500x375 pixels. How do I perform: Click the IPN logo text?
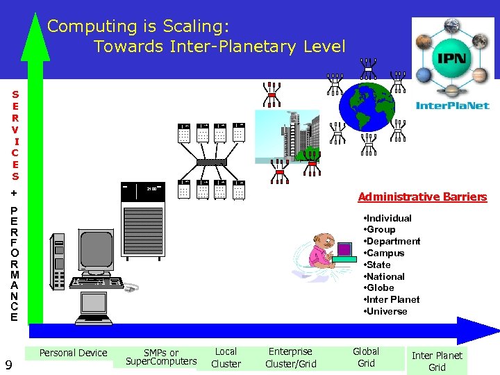click(x=452, y=57)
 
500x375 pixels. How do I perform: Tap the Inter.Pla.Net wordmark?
click(x=452, y=106)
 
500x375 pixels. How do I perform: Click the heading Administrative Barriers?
click(x=422, y=197)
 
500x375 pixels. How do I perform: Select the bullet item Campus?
click(x=387, y=253)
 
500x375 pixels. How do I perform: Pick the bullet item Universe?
click(x=389, y=311)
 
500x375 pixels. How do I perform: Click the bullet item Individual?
click(x=390, y=218)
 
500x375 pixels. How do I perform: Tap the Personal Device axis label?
click(x=73, y=353)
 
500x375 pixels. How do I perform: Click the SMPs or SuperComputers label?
click(x=161, y=357)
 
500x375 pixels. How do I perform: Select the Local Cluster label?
click(x=226, y=358)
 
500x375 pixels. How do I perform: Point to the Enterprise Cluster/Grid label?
click(x=290, y=358)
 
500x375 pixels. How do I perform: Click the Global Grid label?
click(x=366, y=357)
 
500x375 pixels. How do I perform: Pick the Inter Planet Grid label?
click(x=437, y=361)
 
